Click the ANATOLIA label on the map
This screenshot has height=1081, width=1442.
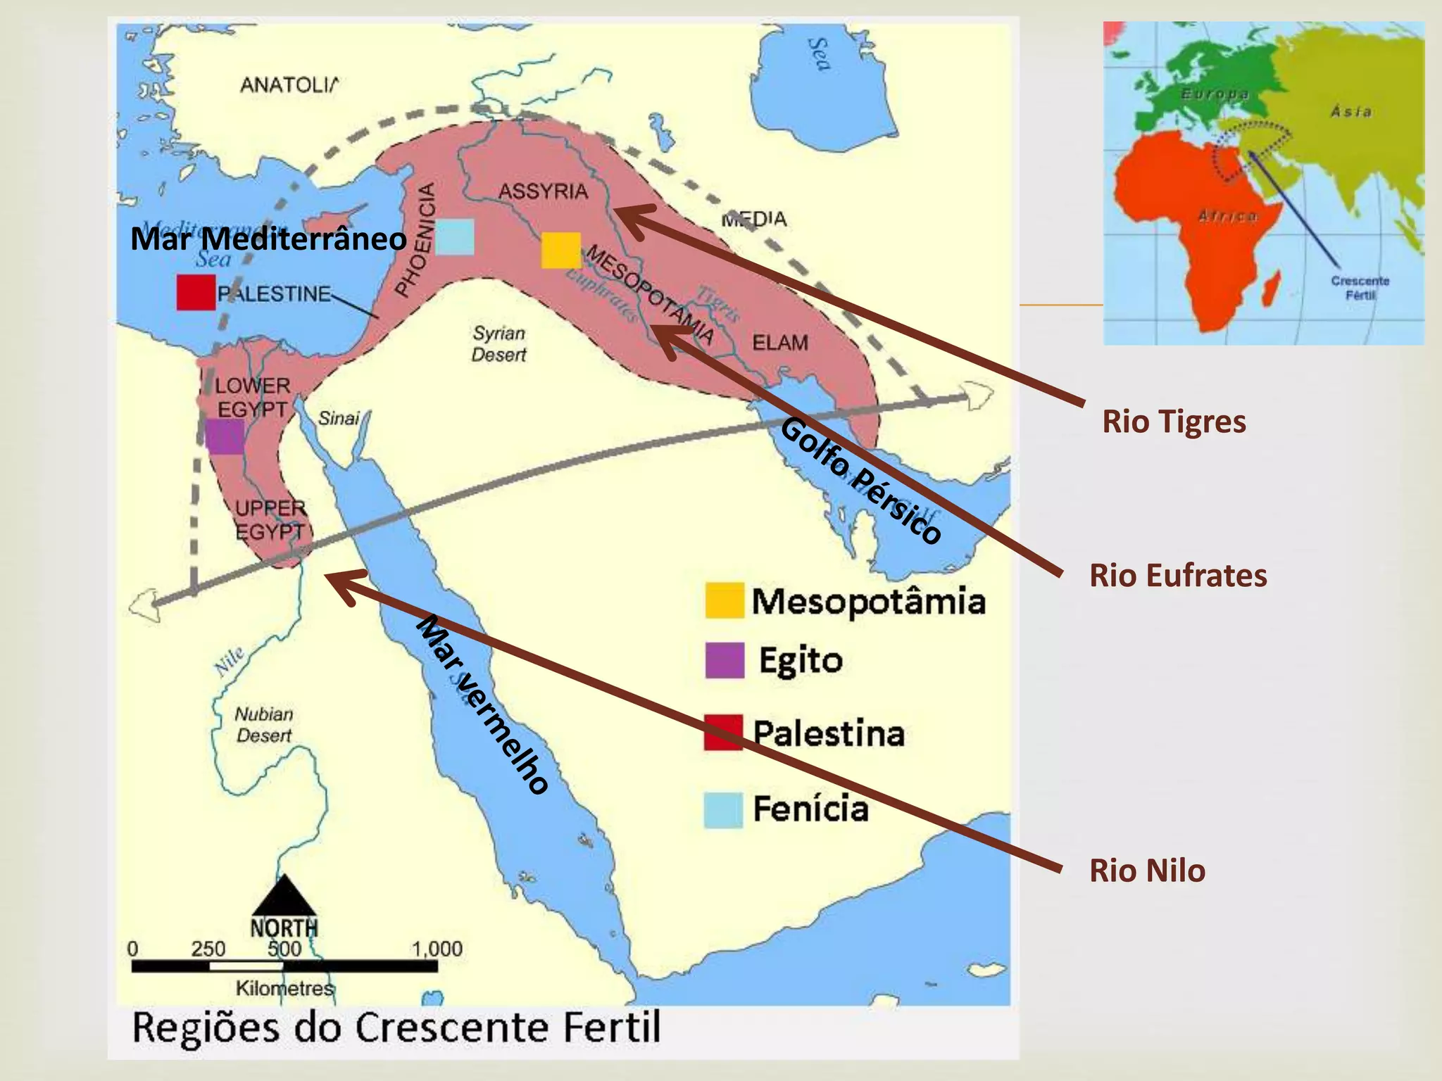[289, 85]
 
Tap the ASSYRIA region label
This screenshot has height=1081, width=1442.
[543, 191]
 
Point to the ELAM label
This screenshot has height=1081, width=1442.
[780, 343]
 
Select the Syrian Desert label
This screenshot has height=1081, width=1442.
[499, 343]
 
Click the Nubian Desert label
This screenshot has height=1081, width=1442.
[263, 725]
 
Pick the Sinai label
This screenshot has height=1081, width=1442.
[339, 418]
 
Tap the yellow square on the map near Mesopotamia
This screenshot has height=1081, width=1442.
[560, 251]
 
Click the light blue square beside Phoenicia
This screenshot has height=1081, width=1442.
[454, 236]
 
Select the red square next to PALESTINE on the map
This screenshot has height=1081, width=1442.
[196, 292]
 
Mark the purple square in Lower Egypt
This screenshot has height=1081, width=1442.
[225, 436]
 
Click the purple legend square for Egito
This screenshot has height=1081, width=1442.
[725, 660]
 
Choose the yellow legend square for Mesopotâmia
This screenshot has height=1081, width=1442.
[725, 600]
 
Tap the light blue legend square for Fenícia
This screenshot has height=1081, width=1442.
[724, 809]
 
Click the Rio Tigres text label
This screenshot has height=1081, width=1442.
[1174, 422]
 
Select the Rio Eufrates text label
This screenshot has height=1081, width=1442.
[1178, 575]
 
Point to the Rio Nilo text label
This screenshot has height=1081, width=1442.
[1147, 871]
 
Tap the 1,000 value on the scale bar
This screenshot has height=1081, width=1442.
[437, 949]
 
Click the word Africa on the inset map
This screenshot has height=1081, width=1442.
[1227, 216]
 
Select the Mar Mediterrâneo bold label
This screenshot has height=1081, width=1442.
[268, 239]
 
